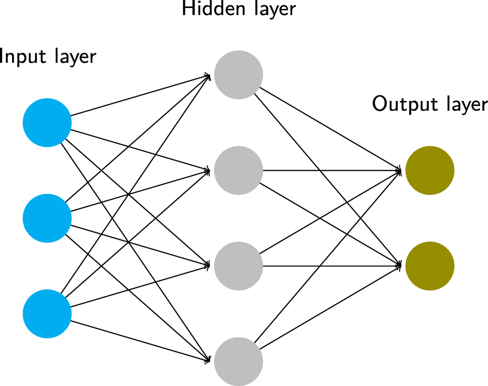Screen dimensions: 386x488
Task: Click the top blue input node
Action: pos(47,123)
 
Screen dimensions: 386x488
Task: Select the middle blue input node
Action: pos(47,218)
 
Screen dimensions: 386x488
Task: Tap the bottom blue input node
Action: pos(47,314)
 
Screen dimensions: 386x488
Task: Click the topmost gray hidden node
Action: pos(238,75)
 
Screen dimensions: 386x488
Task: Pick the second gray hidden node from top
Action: pos(238,170)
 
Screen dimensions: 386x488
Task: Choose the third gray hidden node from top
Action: pos(238,266)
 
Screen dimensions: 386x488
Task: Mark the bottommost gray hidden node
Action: pos(238,361)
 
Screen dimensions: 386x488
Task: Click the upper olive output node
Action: pos(429,170)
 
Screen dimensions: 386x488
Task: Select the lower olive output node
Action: pos(429,266)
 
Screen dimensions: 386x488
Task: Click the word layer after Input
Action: pos(74,57)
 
